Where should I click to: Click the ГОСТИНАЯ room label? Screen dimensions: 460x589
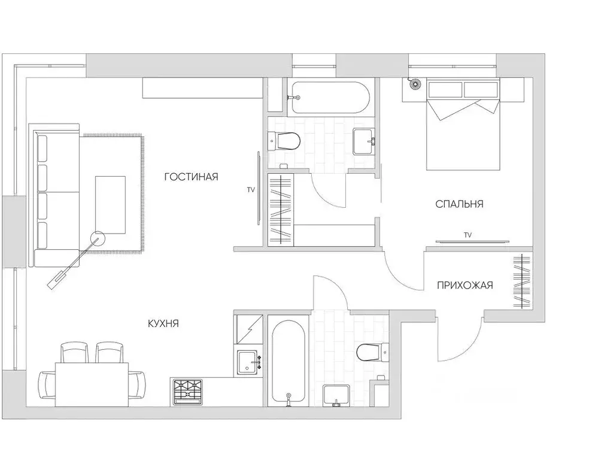click(x=191, y=177)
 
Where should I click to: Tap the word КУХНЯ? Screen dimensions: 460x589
click(x=163, y=323)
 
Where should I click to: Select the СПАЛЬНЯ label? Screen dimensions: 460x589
click(x=459, y=204)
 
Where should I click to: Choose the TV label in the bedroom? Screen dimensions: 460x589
click(x=467, y=235)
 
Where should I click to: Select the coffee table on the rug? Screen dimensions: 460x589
click(x=110, y=204)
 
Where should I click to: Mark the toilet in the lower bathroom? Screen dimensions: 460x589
click(x=370, y=352)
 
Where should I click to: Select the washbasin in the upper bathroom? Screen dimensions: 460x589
click(x=363, y=141)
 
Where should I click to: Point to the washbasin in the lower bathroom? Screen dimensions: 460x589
click(x=336, y=396)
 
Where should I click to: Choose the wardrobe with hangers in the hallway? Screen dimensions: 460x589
click(x=521, y=282)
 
